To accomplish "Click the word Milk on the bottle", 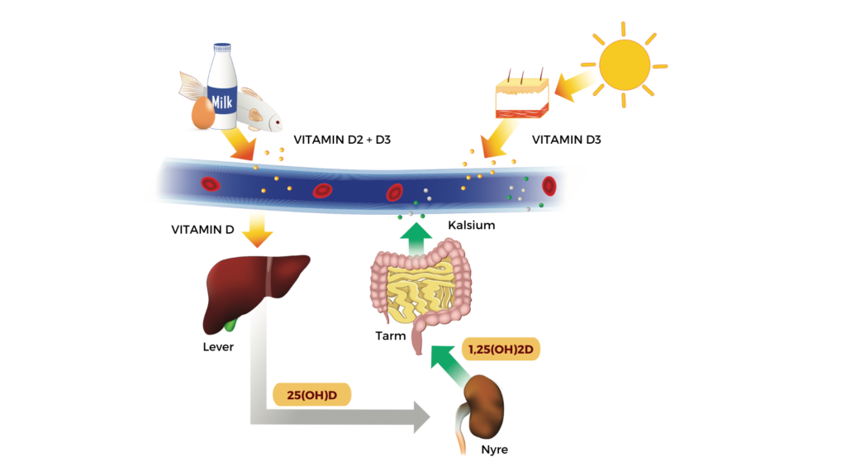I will pyautogui.click(x=222, y=103).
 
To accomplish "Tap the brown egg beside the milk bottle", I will pyautogui.click(x=202, y=113).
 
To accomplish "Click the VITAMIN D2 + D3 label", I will pyautogui.click(x=342, y=140).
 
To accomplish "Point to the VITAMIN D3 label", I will pyautogui.click(x=567, y=140).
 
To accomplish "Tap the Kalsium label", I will pyautogui.click(x=472, y=225).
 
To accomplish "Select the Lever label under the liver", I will pyautogui.click(x=218, y=347).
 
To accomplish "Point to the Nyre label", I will pyautogui.click(x=493, y=450).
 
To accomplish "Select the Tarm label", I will pyautogui.click(x=390, y=336).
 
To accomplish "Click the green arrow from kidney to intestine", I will pyautogui.click(x=445, y=366).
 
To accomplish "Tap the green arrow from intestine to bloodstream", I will pyautogui.click(x=416, y=240).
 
